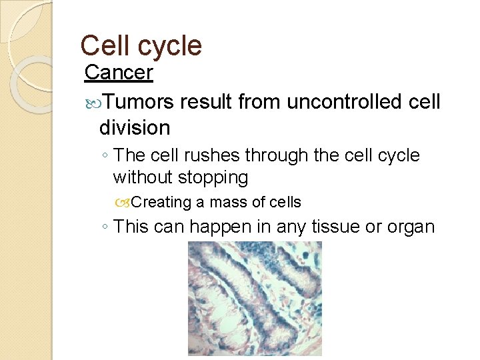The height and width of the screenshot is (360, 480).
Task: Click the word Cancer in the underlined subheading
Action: pyautogui.click(x=119, y=72)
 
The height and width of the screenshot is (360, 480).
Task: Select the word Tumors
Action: pyautogui.click(x=139, y=102)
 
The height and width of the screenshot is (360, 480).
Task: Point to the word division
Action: pyautogui.click(x=135, y=127)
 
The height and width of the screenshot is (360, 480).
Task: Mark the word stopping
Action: pyautogui.click(x=214, y=178)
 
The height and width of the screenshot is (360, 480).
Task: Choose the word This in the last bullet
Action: pyautogui.click(x=131, y=227)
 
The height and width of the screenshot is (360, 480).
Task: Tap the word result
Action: pyautogui.click(x=205, y=102)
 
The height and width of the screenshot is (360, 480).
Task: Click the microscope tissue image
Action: pyautogui.click(x=255, y=298)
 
